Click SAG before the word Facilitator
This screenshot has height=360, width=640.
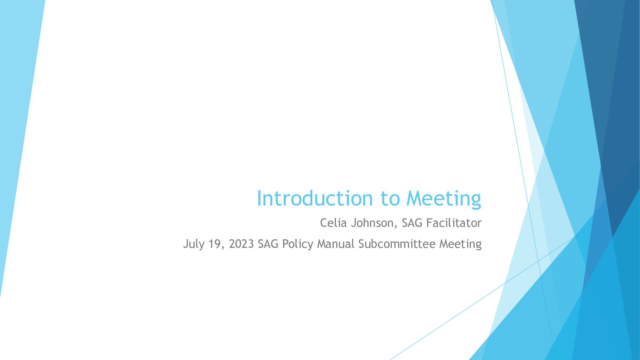click(x=412, y=223)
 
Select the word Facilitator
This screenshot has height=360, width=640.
click(x=454, y=223)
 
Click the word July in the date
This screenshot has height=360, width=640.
click(x=193, y=244)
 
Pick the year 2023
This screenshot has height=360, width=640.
click(x=241, y=244)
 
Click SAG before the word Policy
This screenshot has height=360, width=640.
click(x=268, y=244)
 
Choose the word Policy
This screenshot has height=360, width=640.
click(x=298, y=244)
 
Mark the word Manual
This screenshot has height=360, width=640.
click(x=336, y=244)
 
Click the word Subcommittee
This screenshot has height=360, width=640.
click(x=397, y=244)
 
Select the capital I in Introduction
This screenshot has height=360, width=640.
click(x=259, y=198)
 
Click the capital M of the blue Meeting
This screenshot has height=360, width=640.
click(x=414, y=198)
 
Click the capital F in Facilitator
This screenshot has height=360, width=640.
click(x=429, y=223)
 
